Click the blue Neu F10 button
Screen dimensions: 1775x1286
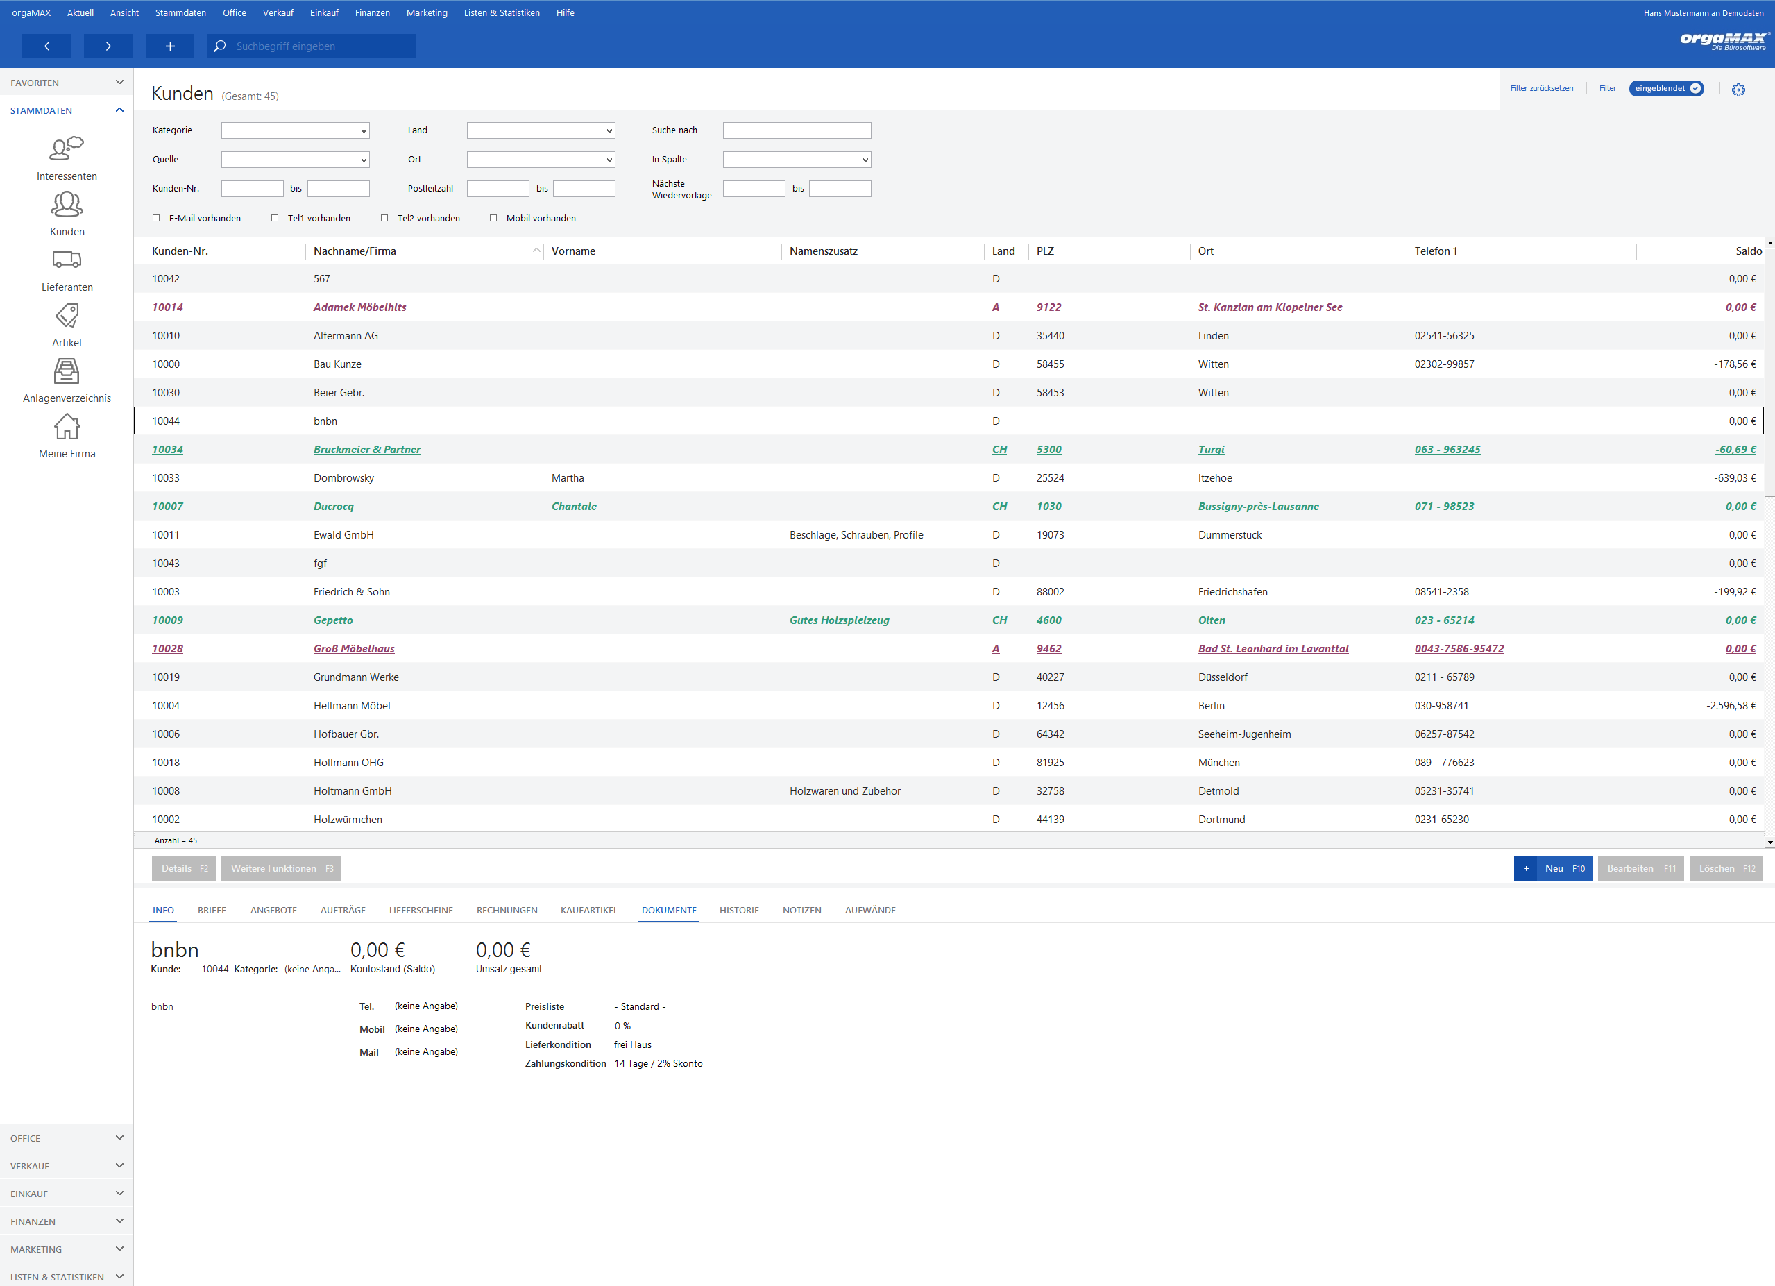coord(1553,868)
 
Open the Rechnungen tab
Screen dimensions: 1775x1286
coord(507,911)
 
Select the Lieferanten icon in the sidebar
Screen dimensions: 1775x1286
coord(67,260)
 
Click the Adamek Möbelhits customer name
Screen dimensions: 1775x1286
coord(360,307)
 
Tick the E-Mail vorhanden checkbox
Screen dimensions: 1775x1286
coord(157,219)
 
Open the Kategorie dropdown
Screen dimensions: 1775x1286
coord(295,130)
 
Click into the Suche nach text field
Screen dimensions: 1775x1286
coord(797,130)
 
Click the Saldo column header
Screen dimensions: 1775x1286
coord(1749,251)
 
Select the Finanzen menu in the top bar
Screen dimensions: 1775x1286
coord(373,12)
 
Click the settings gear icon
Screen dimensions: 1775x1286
coord(1738,90)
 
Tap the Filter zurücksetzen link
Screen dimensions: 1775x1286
coord(1541,88)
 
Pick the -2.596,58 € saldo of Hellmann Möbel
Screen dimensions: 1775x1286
coord(1731,705)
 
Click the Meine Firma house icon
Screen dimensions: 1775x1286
coord(67,427)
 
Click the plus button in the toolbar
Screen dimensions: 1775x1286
coord(170,46)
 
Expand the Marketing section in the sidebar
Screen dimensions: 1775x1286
coord(67,1249)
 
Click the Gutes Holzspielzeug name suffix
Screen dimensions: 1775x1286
coord(839,620)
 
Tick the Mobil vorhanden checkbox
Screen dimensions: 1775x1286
coord(493,219)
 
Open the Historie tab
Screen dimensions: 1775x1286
coord(739,911)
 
